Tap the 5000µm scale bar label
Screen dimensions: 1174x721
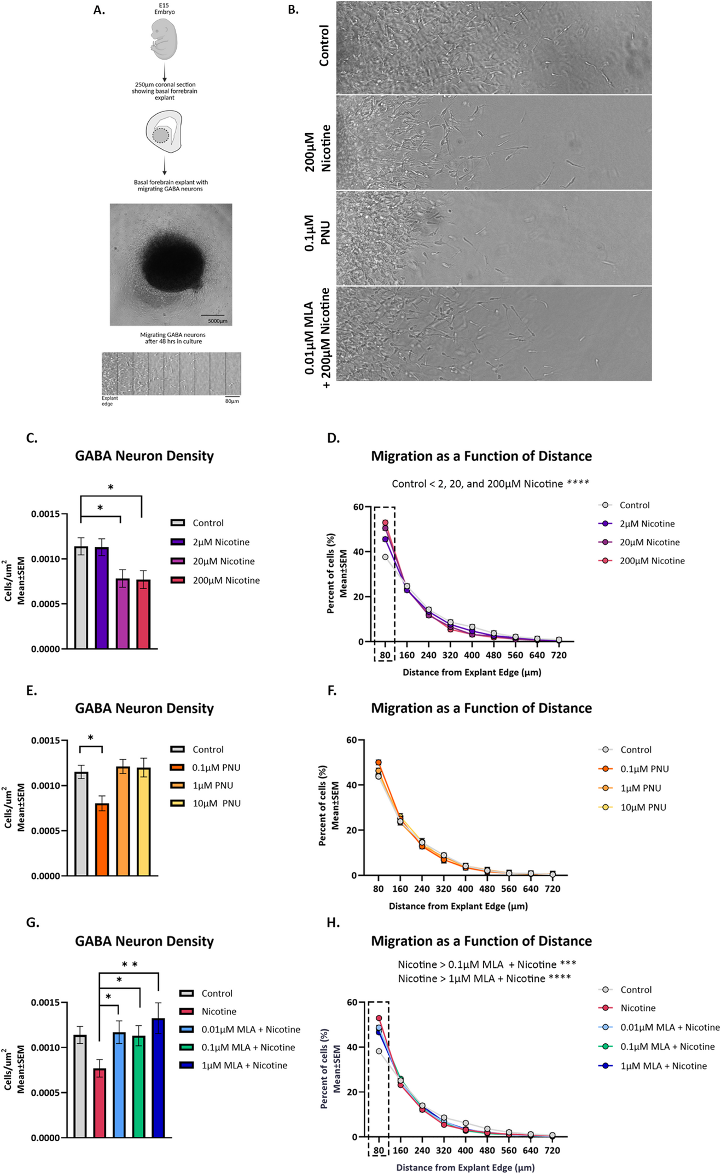[217, 321]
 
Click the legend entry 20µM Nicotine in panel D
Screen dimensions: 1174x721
[649, 542]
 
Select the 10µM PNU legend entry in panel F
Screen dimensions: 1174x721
[643, 807]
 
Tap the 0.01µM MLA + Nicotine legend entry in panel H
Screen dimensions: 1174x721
[670, 1027]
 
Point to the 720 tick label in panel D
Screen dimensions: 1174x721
[559, 655]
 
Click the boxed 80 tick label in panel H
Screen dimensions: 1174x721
[379, 1150]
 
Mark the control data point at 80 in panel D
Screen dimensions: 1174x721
[385, 557]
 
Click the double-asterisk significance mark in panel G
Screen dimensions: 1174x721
[130, 965]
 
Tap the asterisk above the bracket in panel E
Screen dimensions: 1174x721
[90, 738]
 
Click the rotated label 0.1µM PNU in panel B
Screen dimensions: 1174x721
[317, 233]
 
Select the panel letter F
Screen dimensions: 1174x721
[332, 691]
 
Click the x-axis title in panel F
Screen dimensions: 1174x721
[458, 906]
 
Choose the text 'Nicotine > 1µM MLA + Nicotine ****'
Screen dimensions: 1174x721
[484, 978]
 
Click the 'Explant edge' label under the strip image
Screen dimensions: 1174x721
[109, 401]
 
